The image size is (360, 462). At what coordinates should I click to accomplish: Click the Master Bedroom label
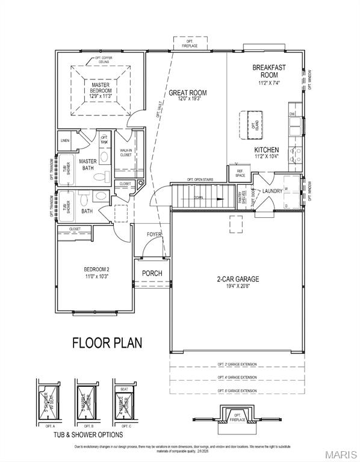[x=101, y=90]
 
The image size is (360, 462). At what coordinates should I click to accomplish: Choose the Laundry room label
[x=272, y=191]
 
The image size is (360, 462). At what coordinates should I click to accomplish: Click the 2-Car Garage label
[x=238, y=282]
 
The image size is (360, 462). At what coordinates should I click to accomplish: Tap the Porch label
[x=152, y=273]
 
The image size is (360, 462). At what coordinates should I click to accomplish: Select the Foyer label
[x=155, y=235]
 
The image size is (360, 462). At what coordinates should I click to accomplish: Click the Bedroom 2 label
[x=96, y=273]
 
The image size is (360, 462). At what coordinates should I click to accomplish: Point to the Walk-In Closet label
[x=126, y=153]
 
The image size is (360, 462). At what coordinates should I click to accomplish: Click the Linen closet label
[x=65, y=141]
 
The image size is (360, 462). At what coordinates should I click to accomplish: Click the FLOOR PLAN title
[x=107, y=343]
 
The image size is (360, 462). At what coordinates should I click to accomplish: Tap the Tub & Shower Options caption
[x=88, y=434]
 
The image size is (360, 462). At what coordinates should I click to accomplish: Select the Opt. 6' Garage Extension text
[x=237, y=391]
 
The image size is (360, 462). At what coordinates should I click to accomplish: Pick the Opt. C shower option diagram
[x=123, y=402]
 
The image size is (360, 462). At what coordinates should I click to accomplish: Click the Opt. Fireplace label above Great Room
[x=190, y=43]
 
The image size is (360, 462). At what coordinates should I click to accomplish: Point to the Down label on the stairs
[x=199, y=197]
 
